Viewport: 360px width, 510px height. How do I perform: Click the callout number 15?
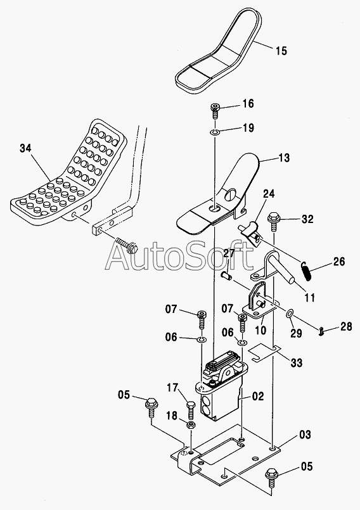(281, 51)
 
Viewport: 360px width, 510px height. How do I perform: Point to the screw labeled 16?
(215, 111)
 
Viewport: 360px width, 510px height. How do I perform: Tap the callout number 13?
(284, 158)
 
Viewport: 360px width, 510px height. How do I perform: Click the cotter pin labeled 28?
(322, 331)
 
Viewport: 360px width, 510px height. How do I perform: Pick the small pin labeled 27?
(226, 276)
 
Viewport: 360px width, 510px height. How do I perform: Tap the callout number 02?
(257, 396)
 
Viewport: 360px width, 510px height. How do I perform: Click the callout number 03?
(305, 435)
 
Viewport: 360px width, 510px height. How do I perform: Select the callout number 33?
(296, 362)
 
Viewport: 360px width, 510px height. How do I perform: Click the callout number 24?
(269, 194)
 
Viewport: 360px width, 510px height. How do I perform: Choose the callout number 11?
(309, 297)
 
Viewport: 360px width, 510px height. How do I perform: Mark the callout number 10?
(260, 330)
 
